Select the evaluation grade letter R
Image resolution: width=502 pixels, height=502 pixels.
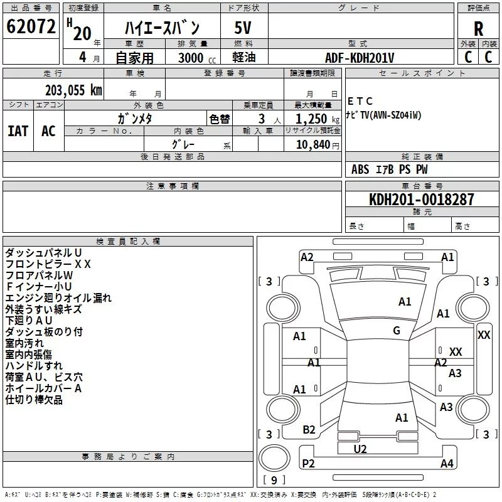(478, 28)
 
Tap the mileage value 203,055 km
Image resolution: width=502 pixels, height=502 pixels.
(73, 90)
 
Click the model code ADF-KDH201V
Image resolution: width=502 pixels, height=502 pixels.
(360, 57)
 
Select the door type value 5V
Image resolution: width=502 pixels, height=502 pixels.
(244, 28)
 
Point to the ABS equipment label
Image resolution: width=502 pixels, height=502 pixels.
(360, 169)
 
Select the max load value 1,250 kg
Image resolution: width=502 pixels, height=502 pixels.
(311, 119)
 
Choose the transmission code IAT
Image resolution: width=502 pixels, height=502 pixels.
(18, 131)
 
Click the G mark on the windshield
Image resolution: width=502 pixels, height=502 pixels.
(397, 331)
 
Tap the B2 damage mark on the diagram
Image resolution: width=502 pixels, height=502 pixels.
(309, 429)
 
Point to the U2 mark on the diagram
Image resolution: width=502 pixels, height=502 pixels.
(360, 449)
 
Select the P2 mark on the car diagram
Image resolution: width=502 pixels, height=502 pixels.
(308, 464)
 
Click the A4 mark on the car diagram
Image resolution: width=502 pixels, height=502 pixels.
(447, 464)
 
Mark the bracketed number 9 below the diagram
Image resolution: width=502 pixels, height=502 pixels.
(274, 481)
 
